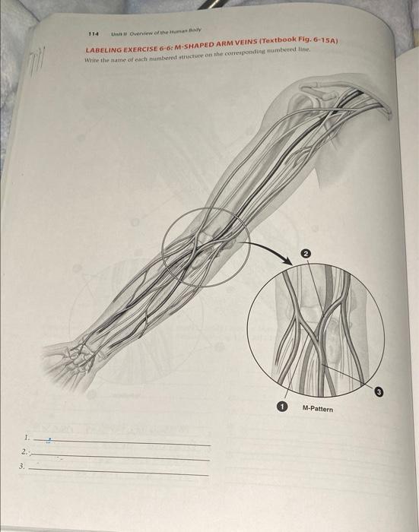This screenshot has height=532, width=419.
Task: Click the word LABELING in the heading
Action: pos(105,49)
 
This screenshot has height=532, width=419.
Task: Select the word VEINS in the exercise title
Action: pos(240,43)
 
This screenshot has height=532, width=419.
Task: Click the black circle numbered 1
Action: pos(282,408)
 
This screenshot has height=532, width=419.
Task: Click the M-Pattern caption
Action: pos(317,408)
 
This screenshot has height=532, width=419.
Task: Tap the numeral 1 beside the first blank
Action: pos(27,438)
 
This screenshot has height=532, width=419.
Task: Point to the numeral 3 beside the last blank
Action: pos(23,467)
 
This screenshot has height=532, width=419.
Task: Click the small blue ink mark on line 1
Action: pos(50,440)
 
